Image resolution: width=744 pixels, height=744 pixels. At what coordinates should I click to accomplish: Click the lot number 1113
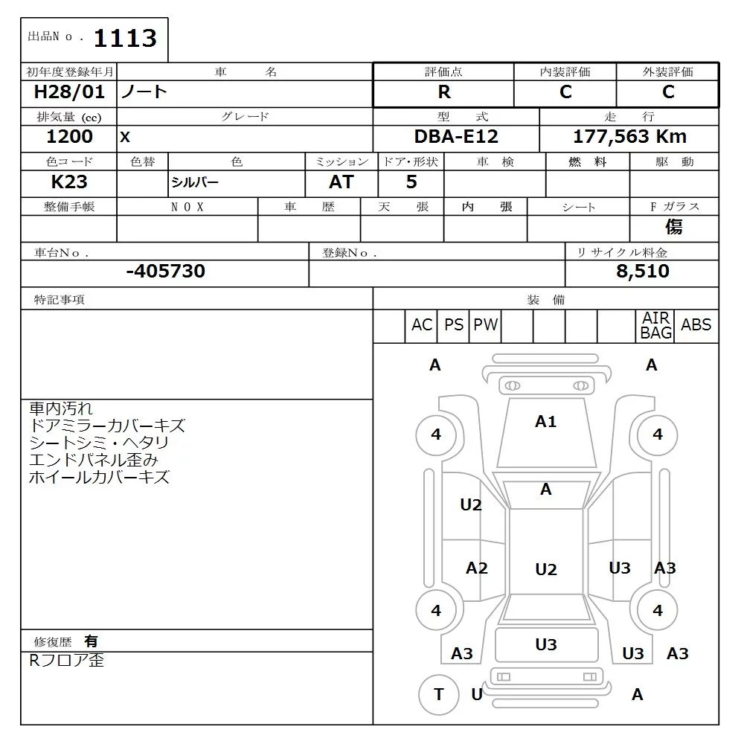tap(125, 38)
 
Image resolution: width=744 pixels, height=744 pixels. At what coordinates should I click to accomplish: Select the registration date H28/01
tap(69, 92)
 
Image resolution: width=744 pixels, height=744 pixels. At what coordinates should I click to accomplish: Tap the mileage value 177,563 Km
tap(629, 137)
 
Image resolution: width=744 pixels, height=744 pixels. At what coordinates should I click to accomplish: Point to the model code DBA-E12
tap(456, 137)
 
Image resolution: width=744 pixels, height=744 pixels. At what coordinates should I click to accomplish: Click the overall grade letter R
tap(444, 92)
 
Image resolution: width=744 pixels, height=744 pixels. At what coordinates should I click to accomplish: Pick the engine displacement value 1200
tap(69, 137)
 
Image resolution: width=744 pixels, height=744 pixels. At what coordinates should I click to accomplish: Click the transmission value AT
tap(341, 182)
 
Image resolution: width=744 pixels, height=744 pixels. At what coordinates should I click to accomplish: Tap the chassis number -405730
tap(165, 272)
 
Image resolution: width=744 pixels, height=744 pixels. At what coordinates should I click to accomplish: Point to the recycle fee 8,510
tap(642, 272)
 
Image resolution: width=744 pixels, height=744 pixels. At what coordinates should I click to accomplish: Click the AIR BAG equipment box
tap(656, 326)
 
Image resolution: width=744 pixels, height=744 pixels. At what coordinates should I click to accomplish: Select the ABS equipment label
tap(696, 325)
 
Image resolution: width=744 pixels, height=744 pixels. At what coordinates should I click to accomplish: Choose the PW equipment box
tap(486, 325)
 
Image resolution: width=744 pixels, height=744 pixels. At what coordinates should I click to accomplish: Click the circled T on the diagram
tap(438, 694)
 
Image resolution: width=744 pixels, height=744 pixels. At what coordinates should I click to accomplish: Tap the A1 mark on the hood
tap(545, 422)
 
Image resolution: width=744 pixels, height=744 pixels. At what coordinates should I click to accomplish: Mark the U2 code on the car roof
tap(545, 569)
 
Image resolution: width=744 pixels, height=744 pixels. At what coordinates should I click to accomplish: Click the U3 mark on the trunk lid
tap(545, 645)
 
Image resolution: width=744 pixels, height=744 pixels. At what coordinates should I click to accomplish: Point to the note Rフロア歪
tap(66, 661)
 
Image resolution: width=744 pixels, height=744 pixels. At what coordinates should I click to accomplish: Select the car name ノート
tap(144, 92)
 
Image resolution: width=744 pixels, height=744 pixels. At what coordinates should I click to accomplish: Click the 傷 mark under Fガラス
tap(674, 227)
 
